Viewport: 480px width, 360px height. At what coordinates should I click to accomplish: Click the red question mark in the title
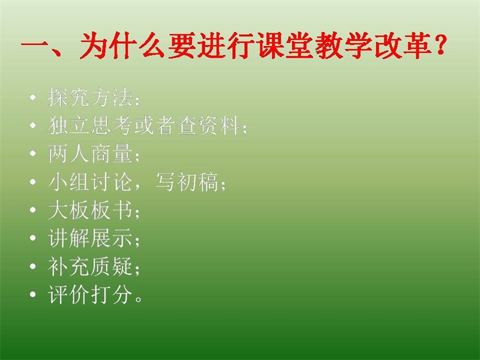coord(440,46)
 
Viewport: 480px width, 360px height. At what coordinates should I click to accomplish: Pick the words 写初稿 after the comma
coord(187,182)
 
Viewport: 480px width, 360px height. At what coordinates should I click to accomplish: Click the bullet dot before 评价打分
coord(33,295)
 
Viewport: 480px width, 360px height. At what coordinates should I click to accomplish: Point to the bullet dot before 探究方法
coord(33,98)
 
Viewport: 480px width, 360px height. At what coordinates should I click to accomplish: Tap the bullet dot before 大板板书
coord(33,210)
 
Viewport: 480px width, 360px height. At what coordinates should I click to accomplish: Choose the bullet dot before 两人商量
coord(33,154)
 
